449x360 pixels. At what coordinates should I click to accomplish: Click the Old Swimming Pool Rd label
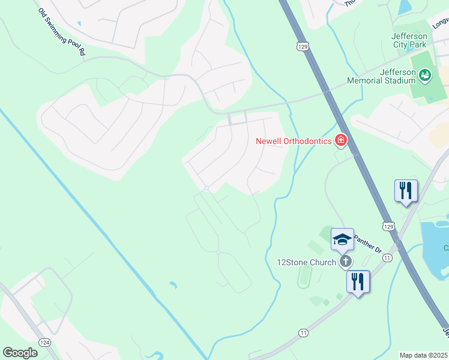61,32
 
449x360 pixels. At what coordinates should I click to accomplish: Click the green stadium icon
425,75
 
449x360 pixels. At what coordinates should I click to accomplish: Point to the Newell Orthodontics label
294,141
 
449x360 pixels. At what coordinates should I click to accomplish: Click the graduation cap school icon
342,239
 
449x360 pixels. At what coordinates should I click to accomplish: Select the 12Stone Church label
306,262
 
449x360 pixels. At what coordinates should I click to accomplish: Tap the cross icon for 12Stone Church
345,261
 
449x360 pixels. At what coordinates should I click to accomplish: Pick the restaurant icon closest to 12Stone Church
358,281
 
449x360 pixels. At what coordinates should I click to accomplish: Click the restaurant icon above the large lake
406,191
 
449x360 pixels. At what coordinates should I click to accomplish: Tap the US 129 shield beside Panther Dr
389,226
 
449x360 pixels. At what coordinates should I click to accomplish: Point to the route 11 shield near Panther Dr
388,257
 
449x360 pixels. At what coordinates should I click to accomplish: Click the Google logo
20,352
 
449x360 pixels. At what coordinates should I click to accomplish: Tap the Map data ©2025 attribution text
424,355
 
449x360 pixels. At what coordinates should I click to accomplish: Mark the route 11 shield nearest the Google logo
303,332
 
